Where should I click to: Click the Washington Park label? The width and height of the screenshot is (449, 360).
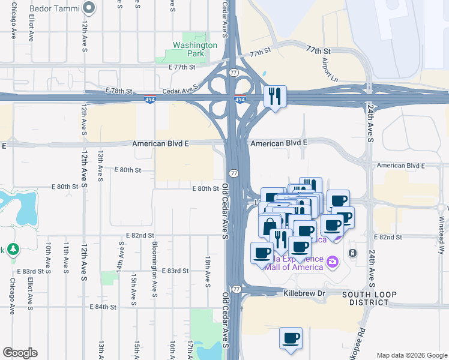(195, 49)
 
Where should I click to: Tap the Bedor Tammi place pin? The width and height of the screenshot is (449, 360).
(89, 8)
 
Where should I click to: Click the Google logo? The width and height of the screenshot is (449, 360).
(20, 353)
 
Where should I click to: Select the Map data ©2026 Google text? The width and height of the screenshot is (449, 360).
(411, 355)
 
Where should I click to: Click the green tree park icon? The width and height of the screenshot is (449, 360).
(13, 249)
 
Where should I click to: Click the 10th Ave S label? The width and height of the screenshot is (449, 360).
(48, 256)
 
